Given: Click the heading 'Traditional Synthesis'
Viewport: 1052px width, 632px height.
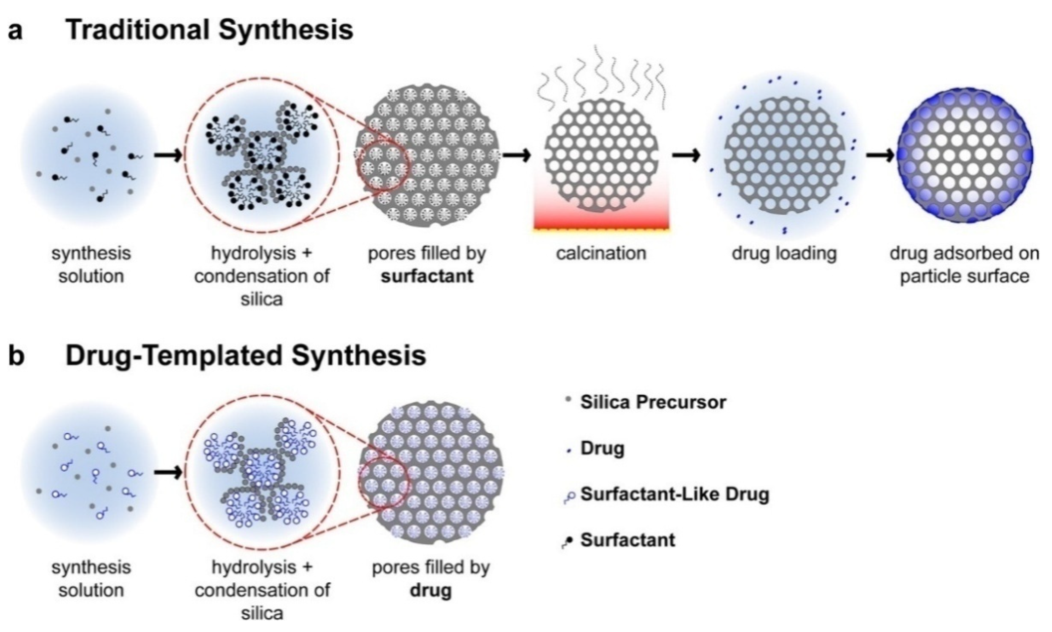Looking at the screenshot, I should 210,31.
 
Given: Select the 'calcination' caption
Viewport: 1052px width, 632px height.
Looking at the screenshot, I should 601,253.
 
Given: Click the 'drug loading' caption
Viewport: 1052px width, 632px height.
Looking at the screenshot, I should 784,253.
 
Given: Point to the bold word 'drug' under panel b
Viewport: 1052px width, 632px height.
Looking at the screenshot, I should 431,591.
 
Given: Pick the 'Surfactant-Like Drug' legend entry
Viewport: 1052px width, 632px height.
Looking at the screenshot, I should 674,494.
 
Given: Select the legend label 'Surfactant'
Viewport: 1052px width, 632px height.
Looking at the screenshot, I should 628,540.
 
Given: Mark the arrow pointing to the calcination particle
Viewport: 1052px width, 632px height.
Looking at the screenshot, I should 516,155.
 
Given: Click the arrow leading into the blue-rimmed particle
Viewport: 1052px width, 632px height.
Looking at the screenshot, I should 880,155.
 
